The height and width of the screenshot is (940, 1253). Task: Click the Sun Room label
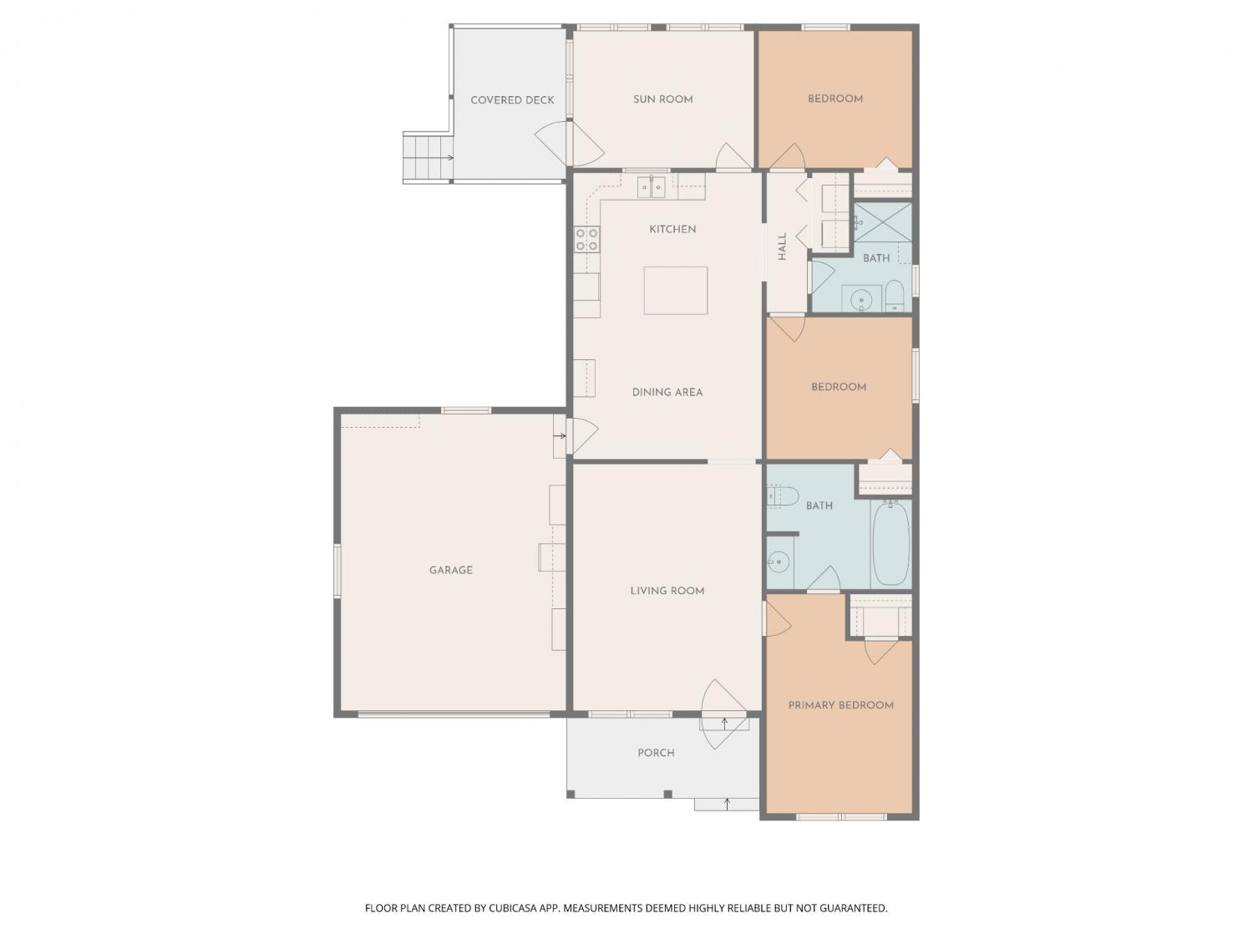tap(662, 99)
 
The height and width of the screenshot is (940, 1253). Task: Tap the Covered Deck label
tap(512, 100)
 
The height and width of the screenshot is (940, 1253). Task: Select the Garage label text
tap(450, 570)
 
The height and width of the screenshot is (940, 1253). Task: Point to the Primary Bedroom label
tap(840, 705)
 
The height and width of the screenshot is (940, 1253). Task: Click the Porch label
tap(656, 753)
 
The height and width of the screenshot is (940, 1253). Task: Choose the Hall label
tap(782, 246)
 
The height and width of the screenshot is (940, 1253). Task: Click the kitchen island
tap(675, 291)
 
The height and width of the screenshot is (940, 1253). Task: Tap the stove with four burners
tap(586, 239)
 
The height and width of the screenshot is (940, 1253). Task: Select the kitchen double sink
tap(652, 187)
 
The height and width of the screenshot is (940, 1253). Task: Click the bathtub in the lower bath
tap(890, 543)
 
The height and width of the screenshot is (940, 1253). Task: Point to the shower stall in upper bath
tap(882, 223)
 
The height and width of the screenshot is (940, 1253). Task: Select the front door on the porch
tap(723, 714)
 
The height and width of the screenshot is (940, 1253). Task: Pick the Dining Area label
tap(667, 393)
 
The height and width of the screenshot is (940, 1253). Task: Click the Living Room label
tap(667, 592)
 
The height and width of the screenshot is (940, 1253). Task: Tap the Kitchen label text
tap(672, 230)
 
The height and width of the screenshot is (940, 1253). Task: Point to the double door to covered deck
tap(569, 143)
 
